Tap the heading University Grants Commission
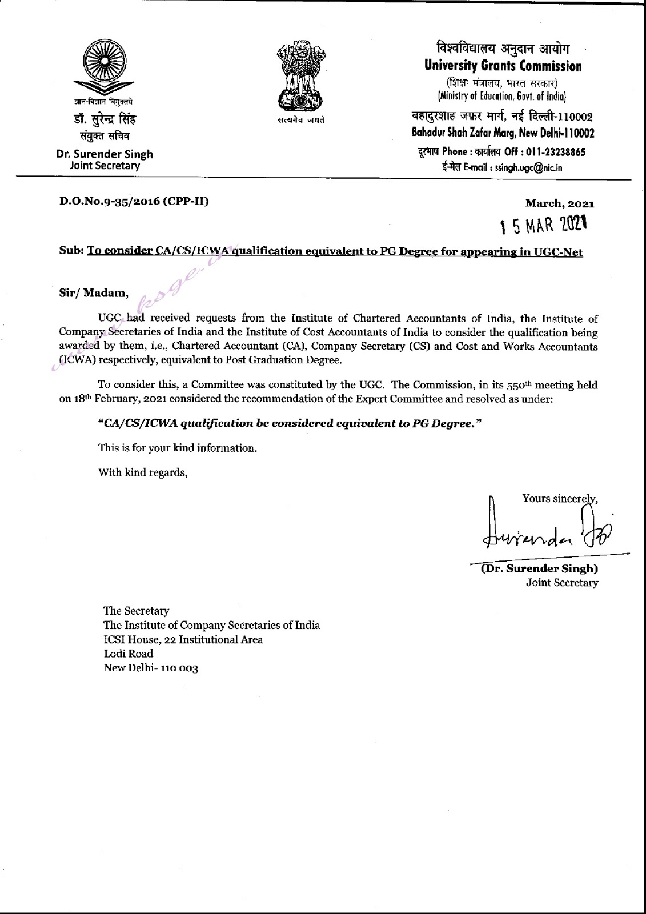tap(503, 66)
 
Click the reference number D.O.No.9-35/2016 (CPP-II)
tap(134, 201)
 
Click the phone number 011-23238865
tap(555, 152)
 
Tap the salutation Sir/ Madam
tap(94, 293)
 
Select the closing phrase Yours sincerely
tap(559, 499)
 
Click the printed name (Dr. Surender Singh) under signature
tap(533, 569)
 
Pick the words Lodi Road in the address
tap(128, 654)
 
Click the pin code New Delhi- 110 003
tap(150, 668)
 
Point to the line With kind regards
tap(143, 472)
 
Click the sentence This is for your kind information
tap(177, 448)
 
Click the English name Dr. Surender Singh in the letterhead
tap(105, 154)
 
